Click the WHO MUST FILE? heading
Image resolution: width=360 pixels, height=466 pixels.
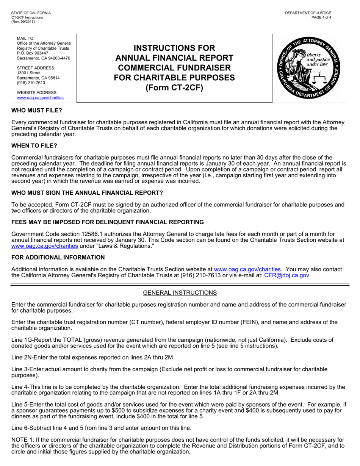36,110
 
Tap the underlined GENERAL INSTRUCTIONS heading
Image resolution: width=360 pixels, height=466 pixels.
180,292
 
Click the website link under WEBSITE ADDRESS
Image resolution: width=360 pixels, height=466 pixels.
40,98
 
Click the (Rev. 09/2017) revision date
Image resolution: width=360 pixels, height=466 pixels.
23,22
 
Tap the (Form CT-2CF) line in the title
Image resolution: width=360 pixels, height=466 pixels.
174,88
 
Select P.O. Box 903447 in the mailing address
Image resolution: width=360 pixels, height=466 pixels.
33,53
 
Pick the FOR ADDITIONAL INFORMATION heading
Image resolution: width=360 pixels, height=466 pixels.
58,258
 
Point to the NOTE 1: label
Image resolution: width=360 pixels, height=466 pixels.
22,440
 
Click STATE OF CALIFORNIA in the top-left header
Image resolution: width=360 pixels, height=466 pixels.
31,13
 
